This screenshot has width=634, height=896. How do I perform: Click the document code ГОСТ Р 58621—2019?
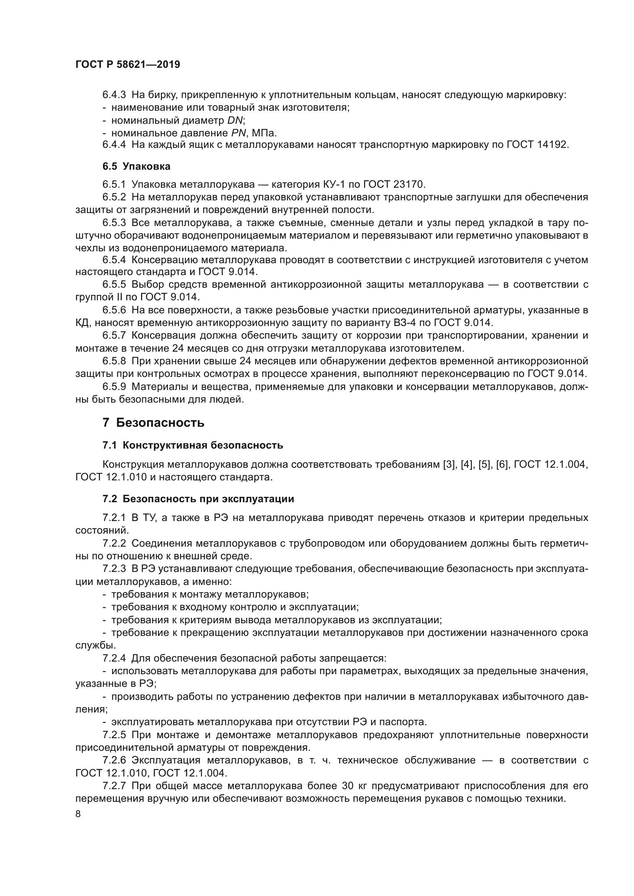pos(128,64)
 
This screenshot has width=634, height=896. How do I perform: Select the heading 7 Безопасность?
pos(153,423)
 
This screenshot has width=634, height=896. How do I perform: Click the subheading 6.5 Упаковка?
pos(136,166)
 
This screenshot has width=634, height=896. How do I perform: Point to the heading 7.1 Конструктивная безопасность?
pos(192,445)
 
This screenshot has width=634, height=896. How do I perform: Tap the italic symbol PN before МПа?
pos(238,133)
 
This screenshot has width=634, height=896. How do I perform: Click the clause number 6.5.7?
pos(114,335)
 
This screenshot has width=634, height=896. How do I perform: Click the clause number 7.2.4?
pos(114,658)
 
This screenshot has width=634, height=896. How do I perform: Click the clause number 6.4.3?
pos(114,95)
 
